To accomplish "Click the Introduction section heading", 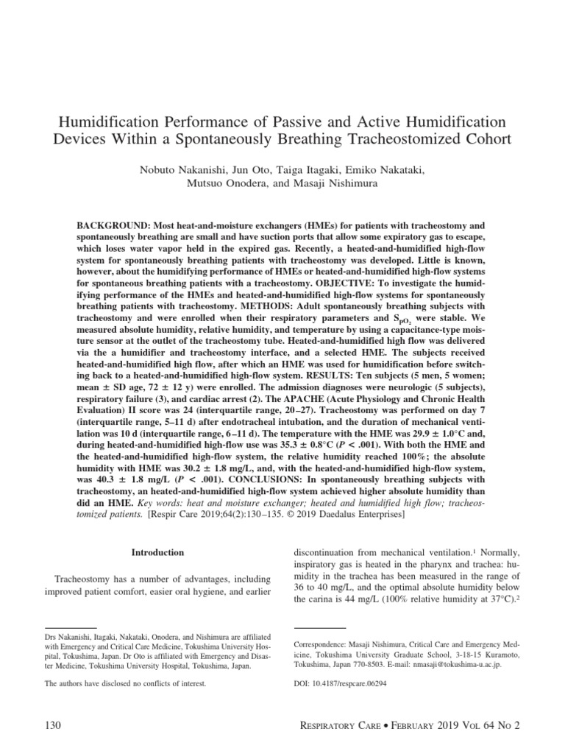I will click(157, 552).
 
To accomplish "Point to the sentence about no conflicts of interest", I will click(126, 683).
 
